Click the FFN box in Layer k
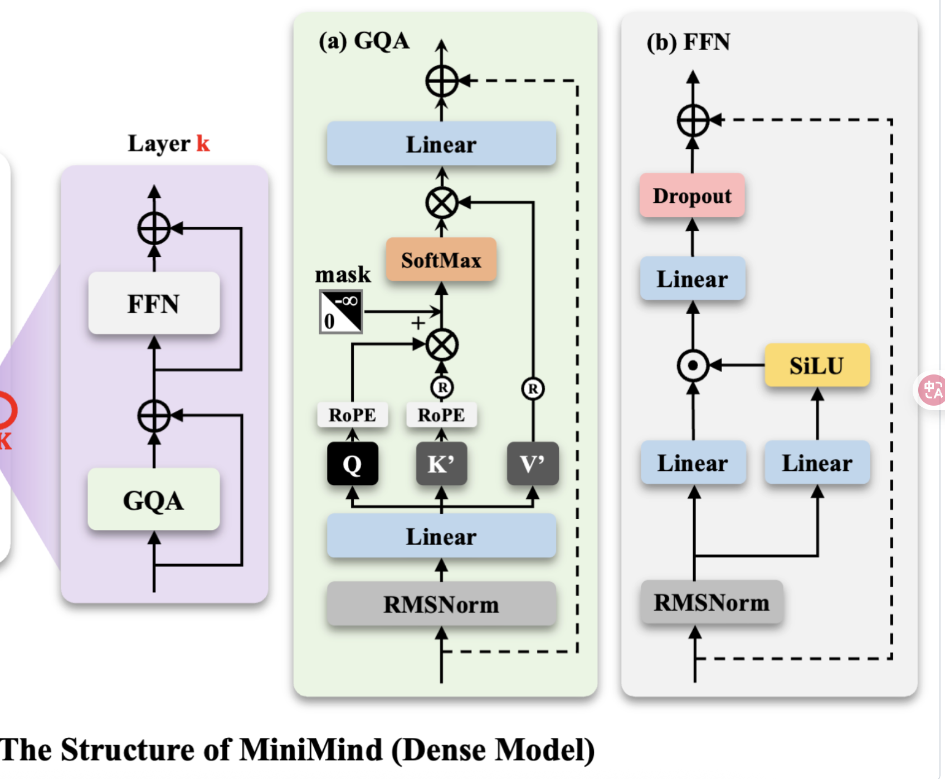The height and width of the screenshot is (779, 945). click(x=154, y=304)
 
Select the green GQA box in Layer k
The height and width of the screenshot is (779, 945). click(x=154, y=500)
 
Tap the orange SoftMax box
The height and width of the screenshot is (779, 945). click(x=441, y=260)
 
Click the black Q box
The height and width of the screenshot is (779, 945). click(x=353, y=464)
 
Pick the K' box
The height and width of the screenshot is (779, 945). click(x=441, y=464)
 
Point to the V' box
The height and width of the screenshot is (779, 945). click(x=533, y=464)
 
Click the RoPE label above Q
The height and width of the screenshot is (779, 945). click(x=352, y=415)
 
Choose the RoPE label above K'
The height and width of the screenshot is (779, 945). click(x=441, y=415)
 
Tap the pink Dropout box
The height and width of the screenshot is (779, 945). click(x=692, y=196)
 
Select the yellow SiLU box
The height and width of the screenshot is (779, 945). click(x=817, y=366)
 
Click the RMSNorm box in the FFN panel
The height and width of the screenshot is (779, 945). click(x=712, y=602)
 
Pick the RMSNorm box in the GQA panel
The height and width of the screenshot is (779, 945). click(x=441, y=604)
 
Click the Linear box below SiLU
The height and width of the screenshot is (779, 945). click(x=817, y=463)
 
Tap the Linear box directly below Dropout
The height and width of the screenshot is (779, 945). click(x=693, y=279)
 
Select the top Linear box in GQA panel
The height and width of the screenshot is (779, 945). click(x=441, y=144)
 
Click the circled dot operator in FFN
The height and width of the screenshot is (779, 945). click(x=693, y=366)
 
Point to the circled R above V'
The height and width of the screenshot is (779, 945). click(x=533, y=388)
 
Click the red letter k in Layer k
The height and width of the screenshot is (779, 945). click(x=203, y=144)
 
